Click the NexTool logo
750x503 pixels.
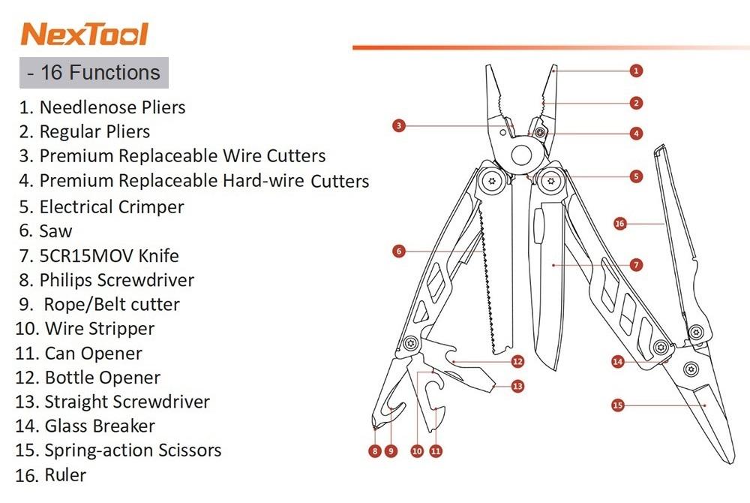(x=85, y=34)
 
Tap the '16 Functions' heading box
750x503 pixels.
(x=94, y=73)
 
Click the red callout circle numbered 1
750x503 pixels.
(x=636, y=71)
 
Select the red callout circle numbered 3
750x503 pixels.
(x=398, y=126)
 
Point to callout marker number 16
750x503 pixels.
(x=620, y=224)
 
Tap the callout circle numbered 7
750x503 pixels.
(x=636, y=265)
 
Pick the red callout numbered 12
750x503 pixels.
(x=517, y=361)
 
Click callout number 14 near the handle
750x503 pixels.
(x=617, y=361)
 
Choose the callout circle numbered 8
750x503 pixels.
(x=375, y=451)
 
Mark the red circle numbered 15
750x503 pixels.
(x=617, y=405)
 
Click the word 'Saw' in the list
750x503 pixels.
(x=55, y=231)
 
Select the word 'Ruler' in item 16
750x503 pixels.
(x=65, y=475)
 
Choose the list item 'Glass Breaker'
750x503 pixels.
(x=100, y=426)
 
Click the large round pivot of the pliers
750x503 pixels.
(x=521, y=154)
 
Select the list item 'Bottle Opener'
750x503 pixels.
(x=102, y=378)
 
